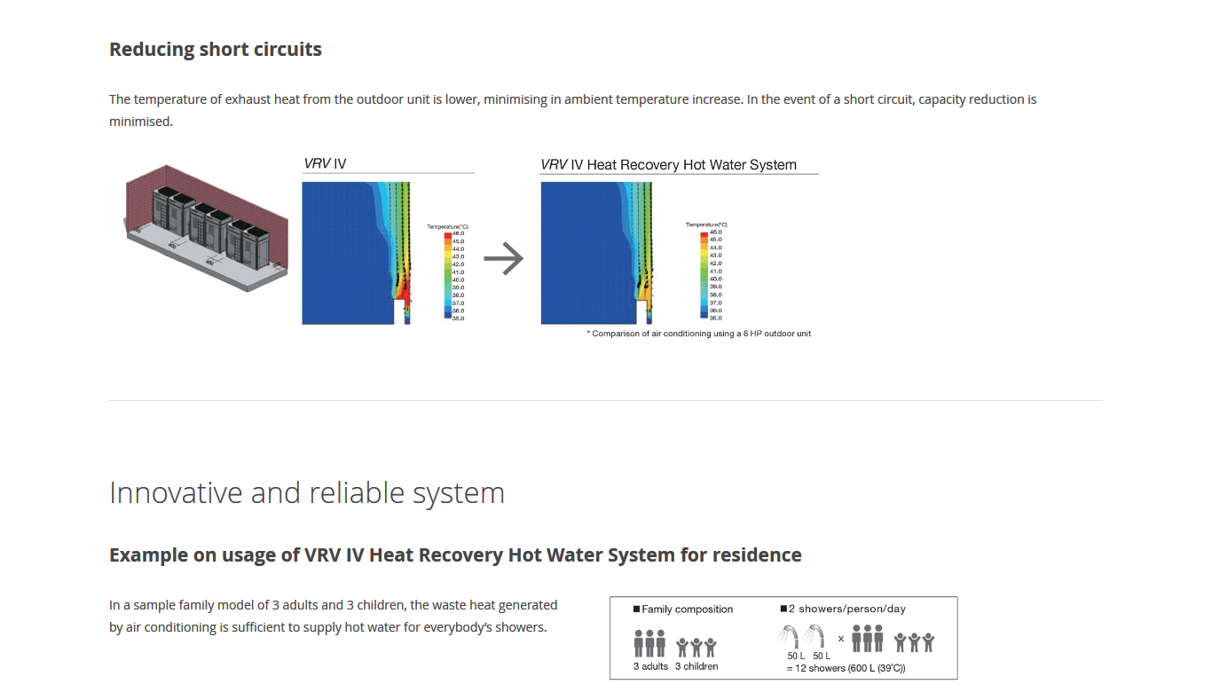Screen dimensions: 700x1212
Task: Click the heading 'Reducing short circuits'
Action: point(216,50)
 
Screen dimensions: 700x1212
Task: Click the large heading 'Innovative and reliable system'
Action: point(307,492)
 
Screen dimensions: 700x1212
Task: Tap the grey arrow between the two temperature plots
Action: point(504,259)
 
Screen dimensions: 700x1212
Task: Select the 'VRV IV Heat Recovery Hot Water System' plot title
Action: point(669,165)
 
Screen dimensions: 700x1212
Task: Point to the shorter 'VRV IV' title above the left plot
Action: point(325,164)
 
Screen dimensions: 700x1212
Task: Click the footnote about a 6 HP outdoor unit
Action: point(699,334)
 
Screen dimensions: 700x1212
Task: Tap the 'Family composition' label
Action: point(687,610)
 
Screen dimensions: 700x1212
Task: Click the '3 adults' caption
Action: point(650,666)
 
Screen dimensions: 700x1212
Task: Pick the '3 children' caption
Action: point(697,666)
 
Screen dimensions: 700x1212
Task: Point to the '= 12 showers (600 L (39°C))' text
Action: point(846,668)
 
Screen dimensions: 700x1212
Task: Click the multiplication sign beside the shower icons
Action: point(840,638)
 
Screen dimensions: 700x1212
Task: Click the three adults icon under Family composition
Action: point(649,643)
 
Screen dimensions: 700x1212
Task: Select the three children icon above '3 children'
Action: point(697,647)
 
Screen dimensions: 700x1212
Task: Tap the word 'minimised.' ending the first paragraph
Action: point(141,121)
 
